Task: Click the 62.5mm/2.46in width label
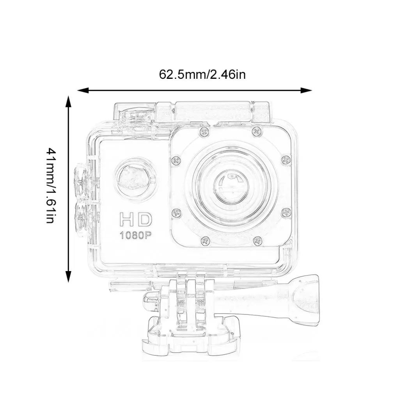coord(202,75)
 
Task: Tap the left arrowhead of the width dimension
coord(83,90)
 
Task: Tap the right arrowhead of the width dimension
coord(306,90)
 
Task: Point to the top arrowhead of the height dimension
coord(68,101)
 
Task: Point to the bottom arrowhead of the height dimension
coord(68,277)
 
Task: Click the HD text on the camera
coord(136,219)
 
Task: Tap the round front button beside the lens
coord(135,179)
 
